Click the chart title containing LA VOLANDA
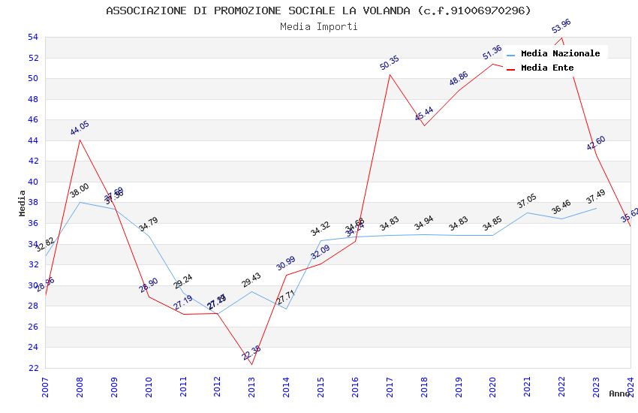(318, 11)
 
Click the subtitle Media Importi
(318, 26)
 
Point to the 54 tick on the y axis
(32, 37)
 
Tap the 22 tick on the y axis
(32, 368)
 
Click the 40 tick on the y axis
(32, 182)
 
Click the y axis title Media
(22, 203)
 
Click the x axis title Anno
(619, 393)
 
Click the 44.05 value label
(80, 128)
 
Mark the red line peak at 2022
(561, 38)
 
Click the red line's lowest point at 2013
(251, 364)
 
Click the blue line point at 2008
(80, 203)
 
